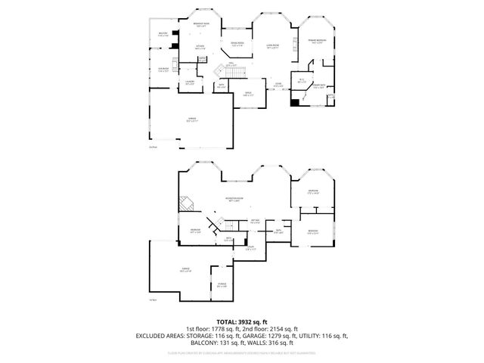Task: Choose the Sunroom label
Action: (163, 70)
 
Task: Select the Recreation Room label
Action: (233, 200)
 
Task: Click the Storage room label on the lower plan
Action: (222, 285)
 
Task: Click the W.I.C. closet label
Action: (301, 80)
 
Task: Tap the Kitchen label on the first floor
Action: (200, 48)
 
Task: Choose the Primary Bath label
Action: (319, 86)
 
